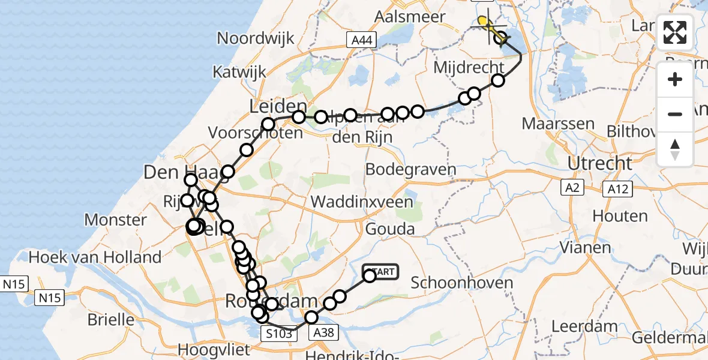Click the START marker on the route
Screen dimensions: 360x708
point(380,272)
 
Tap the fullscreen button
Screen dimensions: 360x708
point(675,32)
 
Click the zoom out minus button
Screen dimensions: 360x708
point(675,114)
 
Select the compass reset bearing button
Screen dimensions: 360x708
point(675,149)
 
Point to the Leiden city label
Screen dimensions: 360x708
point(278,107)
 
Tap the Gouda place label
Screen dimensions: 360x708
point(391,229)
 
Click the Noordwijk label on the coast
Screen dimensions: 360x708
point(256,38)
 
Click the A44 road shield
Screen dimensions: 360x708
point(362,40)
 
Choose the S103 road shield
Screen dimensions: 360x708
point(279,334)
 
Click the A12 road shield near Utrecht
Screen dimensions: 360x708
point(617,190)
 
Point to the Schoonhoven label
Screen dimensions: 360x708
point(463,283)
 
